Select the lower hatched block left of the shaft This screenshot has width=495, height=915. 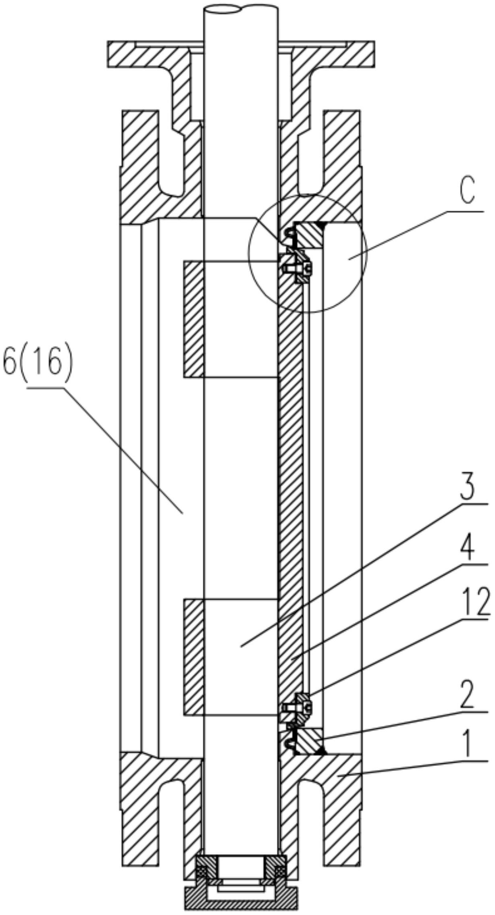(193, 657)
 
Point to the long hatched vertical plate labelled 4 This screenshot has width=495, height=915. (290, 484)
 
